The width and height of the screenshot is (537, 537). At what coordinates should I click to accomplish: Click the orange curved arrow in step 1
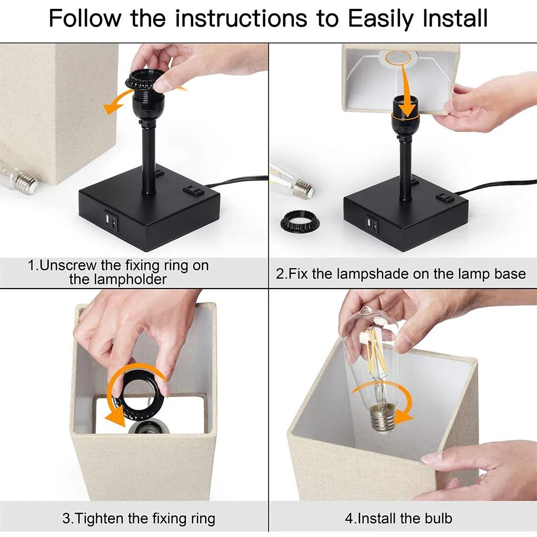[113, 103]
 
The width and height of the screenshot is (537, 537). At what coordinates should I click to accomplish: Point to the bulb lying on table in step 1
[18, 177]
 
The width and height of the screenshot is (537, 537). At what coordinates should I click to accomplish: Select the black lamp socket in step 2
[404, 124]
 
